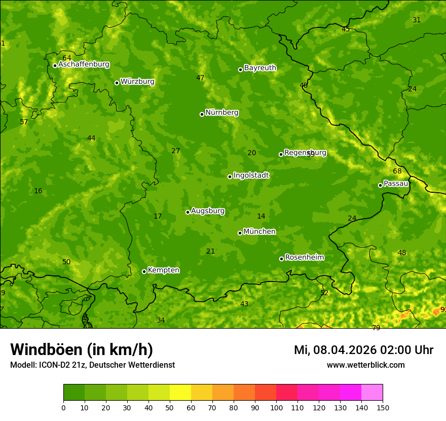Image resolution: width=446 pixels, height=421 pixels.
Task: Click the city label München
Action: coord(259,232)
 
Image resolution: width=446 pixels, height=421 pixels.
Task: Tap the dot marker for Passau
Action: coord(380,185)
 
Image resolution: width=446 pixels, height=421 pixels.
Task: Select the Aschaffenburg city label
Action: coord(84,64)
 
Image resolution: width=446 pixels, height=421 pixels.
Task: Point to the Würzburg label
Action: coord(137,82)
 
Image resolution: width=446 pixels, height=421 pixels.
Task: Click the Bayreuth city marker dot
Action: coord(240,69)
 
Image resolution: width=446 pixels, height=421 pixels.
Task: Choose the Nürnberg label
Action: coord(221,113)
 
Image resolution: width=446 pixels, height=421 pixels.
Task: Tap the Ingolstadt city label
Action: coord(251,176)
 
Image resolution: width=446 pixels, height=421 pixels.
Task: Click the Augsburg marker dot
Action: coord(188,212)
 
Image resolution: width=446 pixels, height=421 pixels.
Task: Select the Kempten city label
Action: coord(163,270)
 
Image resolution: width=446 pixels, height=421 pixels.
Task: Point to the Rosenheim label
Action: coord(304,258)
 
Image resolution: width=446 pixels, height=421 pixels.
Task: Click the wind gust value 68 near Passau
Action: coord(397,171)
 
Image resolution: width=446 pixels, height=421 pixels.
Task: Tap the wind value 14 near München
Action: coord(261,217)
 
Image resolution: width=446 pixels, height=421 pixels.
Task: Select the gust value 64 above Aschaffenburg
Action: coord(67,58)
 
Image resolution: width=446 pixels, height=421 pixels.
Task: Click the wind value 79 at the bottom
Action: coord(376,328)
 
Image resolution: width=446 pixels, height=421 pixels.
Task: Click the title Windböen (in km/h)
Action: coord(82,350)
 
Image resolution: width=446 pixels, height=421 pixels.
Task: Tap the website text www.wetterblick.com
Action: coord(365,365)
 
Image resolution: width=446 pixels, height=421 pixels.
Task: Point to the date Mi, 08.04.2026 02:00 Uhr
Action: coord(363,350)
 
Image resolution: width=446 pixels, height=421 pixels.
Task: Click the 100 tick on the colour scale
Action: coord(276,407)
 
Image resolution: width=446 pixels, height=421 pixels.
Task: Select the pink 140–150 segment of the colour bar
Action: coord(372,393)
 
